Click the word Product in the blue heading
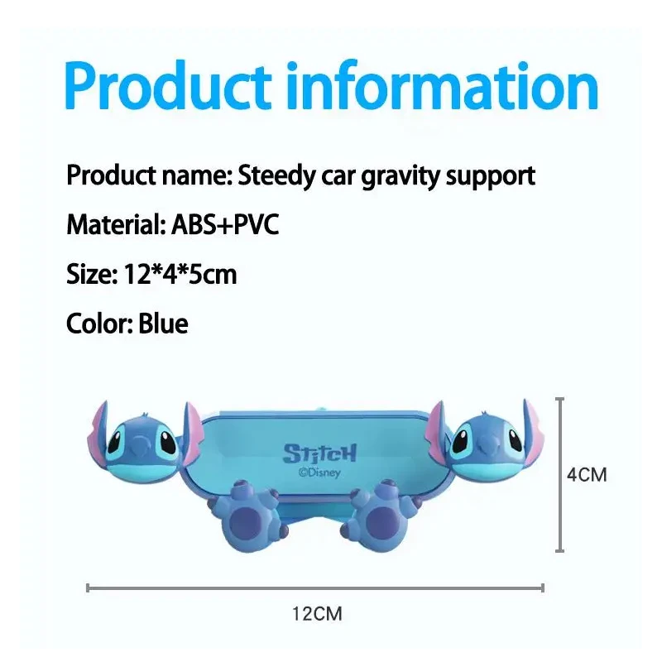click(x=168, y=86)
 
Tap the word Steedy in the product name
click(x=276, y=175)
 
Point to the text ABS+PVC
click(x=225, y=224)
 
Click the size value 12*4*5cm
click(x=180, y=274)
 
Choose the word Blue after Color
click(x=163, y=324)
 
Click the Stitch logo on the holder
click(x=319, y=453)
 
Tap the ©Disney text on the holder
click(x=319, y=473)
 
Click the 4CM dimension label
click(x=587, y=475)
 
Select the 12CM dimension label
click(x=317, y=614)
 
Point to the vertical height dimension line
click(x=560, y=474)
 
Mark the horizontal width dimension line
click(x=315, y=588)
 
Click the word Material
click(x=114, y=224)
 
